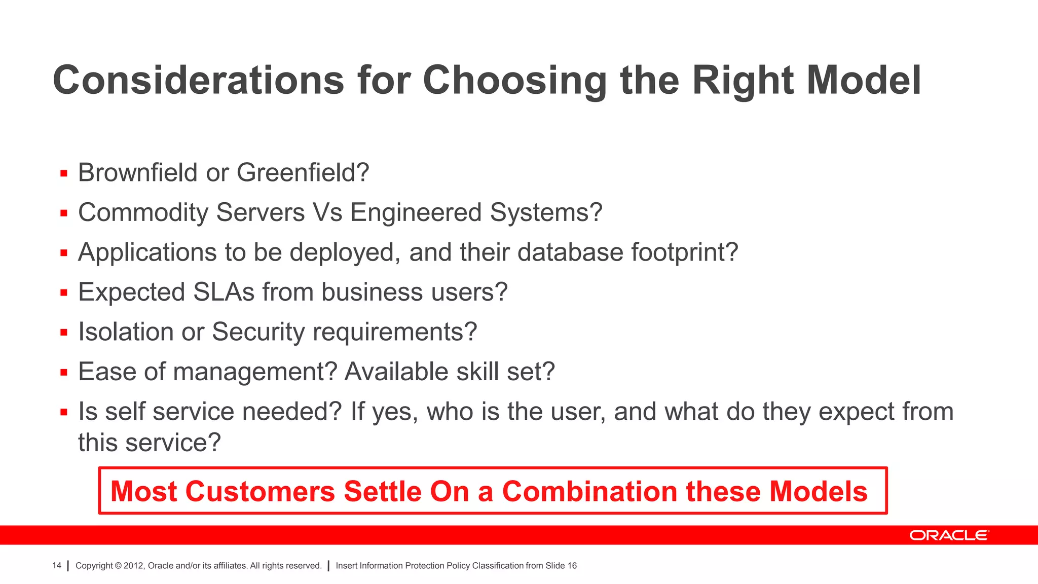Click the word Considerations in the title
tap(198, 80)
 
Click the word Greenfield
tap(303, 172)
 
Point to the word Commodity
tap(143, 212)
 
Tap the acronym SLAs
tap(223, 292)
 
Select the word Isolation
tap(126, 332)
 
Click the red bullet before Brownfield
tap(64, 173)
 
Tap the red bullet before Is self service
tap(64, 412)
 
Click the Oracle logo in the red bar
tap(948, 535)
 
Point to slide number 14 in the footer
tap(57, 566)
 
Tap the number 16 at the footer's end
tap(572, 566)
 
